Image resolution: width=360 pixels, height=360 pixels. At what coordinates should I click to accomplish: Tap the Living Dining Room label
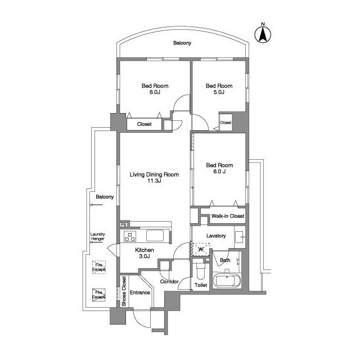pos(154,178)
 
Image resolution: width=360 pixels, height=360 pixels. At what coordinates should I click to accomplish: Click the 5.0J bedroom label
pos(219,89)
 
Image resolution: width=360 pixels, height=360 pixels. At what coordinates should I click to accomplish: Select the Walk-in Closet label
pos(227,216)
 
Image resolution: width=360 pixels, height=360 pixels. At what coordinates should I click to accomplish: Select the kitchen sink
pos(155,235)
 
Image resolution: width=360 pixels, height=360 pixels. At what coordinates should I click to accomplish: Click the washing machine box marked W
pos(200,249)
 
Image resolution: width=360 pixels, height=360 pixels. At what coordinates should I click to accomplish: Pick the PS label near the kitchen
pos(123,224)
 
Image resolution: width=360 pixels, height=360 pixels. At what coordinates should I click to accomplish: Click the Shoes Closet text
pos(123,292)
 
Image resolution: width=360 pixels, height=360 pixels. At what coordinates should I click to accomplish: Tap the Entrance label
pos(140,292)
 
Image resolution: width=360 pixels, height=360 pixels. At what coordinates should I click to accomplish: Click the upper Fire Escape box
pos(99,267)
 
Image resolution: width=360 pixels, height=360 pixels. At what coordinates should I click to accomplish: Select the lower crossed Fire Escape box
pos(99,294)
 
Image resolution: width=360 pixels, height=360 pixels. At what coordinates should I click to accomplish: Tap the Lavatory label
pos(216,236)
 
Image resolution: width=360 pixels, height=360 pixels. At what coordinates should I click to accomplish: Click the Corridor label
pos(169,281)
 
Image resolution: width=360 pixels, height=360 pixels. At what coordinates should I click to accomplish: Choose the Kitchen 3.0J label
pos(144,253)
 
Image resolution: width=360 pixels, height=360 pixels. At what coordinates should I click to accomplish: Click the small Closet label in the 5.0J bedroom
pos(226,123)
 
